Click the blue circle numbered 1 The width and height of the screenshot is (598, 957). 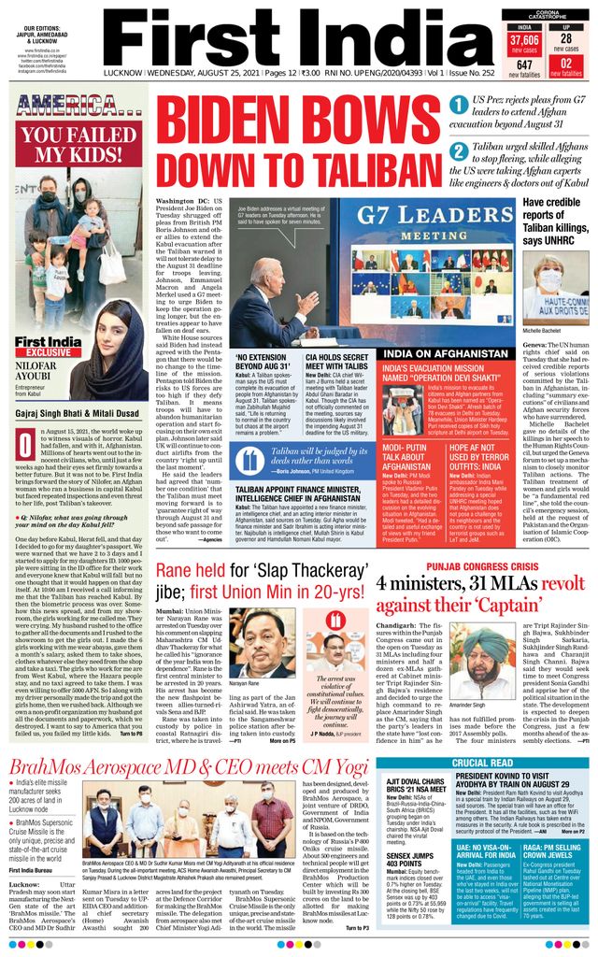click(x=459, y=104)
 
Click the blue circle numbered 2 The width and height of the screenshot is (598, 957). click(x=459, y=152)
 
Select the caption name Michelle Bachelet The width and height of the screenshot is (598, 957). click(x=548, y=332)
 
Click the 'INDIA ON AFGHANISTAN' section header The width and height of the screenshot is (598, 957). click(x=448, y=354)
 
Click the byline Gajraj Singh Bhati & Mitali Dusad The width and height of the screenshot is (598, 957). click(x=79, y=410)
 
